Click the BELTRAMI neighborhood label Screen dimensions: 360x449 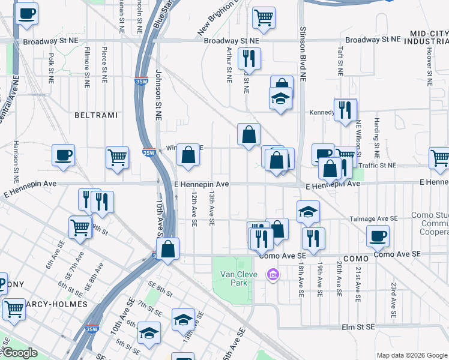coord(95,114)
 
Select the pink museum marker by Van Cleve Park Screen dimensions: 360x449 coord(273,274)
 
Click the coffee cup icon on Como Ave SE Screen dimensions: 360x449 coord(378,236)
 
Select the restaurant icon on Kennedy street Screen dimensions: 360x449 coord(345,110)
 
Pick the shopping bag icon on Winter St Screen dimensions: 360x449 coord(188,155)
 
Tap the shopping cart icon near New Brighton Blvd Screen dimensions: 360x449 coord(263,19)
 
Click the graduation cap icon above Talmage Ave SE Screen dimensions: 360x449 coord(308,212)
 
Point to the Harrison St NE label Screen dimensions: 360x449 coord(16,162)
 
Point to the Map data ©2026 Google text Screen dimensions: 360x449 coord(412,355)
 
